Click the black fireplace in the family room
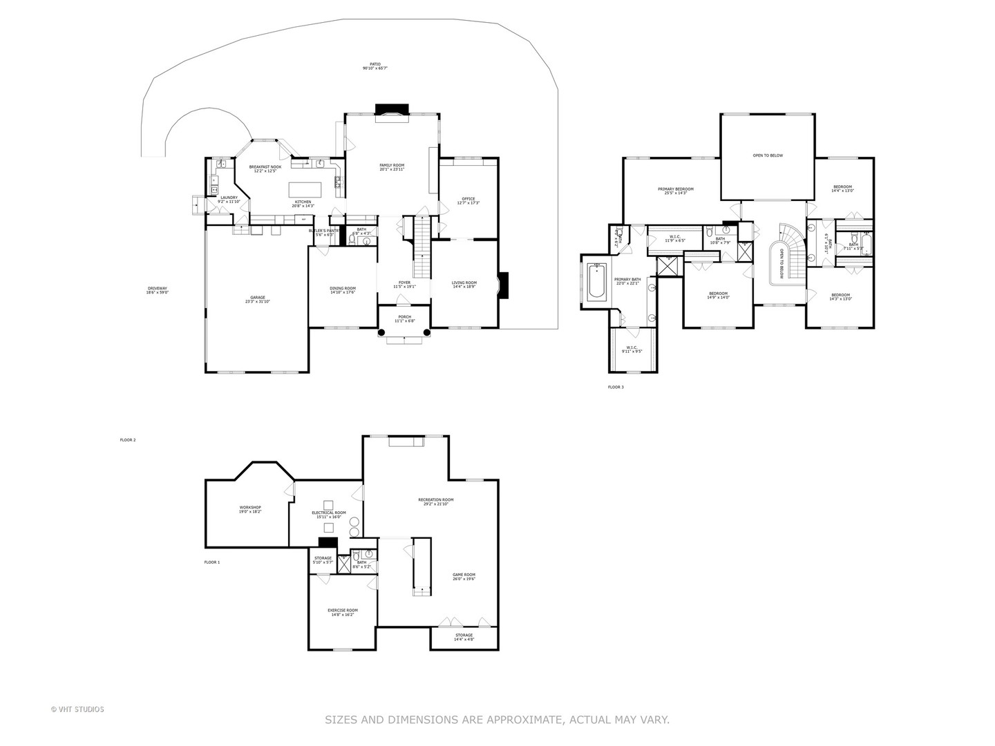coord(392,108)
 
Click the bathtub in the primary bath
coord(596,280)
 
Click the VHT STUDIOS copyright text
coord(77,709)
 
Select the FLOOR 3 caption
coord(616,388)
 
